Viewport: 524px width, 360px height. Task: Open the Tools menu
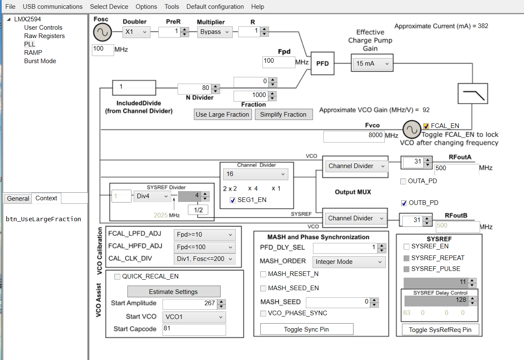[x=172, y=7]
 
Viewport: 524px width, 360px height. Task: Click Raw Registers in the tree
[x=44, y=36]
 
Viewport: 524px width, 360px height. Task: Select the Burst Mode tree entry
[x=40, y=61]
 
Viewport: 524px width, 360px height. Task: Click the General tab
[x=18, y=199]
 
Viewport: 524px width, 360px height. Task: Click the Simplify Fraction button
[x=283, y=115]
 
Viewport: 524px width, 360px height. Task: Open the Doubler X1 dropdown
[x=137, y=32]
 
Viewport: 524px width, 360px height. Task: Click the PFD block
[x=322, y=64]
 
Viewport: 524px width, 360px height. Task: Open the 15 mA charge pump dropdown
[x=372, y=64]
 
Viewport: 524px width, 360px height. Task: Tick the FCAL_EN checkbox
[x=426, y=126]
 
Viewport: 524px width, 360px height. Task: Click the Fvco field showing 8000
[x=354, y=135]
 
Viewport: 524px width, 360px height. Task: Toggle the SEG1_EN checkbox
[x=233, y=200]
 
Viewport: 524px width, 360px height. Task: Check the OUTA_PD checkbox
[x=403, y=181]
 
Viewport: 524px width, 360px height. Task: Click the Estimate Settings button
[x=173, y=292]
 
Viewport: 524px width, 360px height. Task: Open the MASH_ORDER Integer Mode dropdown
[x=348, y=262]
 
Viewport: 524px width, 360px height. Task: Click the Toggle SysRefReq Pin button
[x=440, y=330]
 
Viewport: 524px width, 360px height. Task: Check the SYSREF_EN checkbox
[x=407, y=247]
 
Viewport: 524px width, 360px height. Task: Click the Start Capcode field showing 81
[x=194, y=329]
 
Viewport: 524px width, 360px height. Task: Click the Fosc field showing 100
[x=103, y=49]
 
